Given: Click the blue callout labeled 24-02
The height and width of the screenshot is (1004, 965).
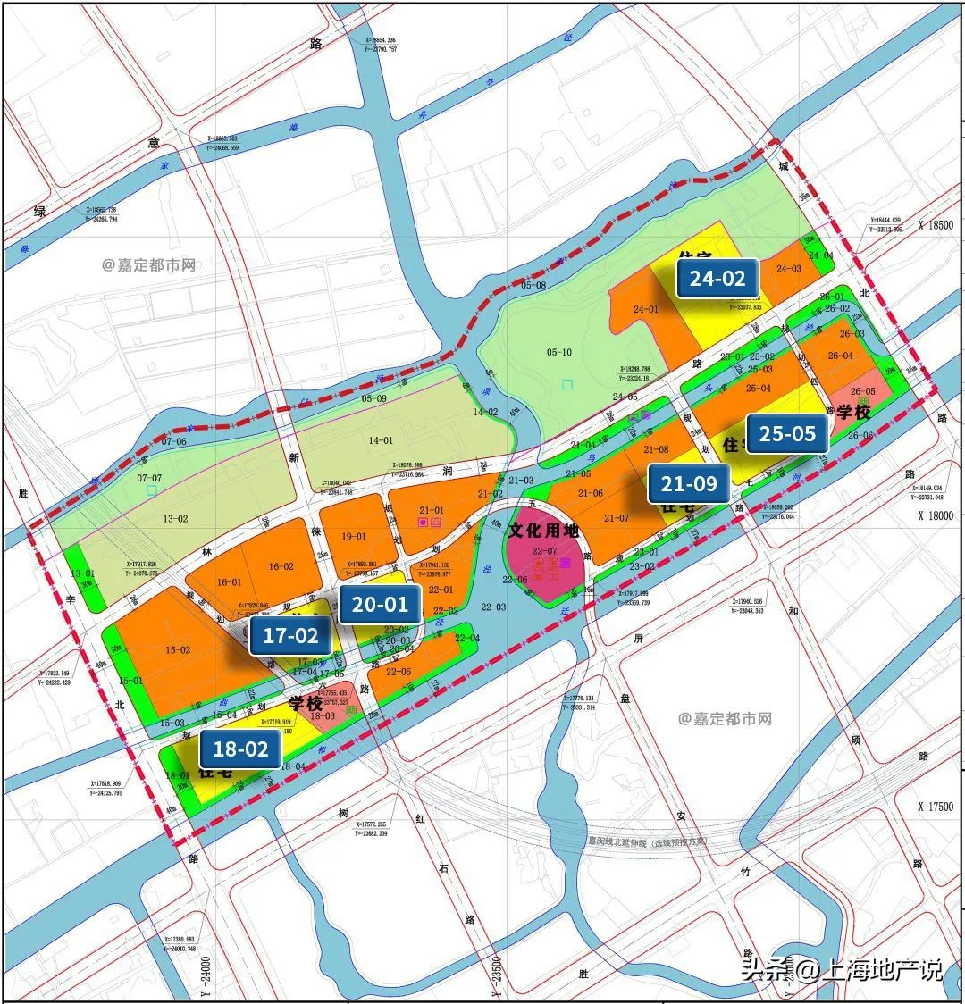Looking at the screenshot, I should click(x=717, y=278).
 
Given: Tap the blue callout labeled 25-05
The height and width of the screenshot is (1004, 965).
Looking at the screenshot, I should click(x=787, y=434).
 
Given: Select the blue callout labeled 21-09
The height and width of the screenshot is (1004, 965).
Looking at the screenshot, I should click(x=689, y=484).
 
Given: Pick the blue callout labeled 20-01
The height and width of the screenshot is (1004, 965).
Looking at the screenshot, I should click(x=380, y=605).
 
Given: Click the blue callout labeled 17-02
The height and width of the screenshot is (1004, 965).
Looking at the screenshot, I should click(x=290, y=636).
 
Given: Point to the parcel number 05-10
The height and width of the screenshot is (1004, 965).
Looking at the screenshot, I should click(x=558, y=353).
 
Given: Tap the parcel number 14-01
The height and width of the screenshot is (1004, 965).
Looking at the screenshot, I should click(x=380, y=440).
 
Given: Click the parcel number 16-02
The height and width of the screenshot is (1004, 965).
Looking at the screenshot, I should click(x=281, y=566).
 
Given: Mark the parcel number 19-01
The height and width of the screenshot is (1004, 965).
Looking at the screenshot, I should click(x=354, y=537).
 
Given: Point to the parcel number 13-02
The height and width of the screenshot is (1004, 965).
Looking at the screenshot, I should click(x=174, y=518).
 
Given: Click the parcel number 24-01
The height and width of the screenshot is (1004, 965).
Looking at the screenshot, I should click(x=645, y=310).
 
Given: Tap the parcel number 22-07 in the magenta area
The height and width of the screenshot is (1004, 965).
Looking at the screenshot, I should click(x=542, y=551).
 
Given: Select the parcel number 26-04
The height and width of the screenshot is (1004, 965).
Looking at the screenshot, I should click(x=840, y=356).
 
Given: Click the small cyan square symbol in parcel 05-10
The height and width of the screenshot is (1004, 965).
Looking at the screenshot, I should click(x=567, y=385).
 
